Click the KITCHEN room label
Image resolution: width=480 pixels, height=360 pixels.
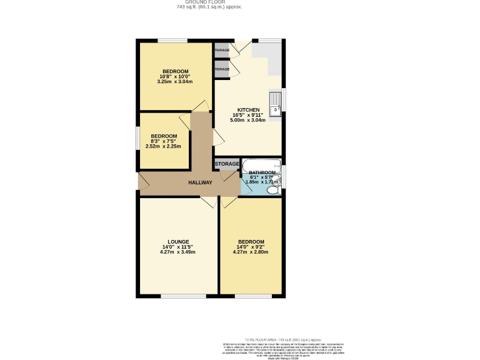248,109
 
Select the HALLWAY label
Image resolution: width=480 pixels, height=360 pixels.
201,182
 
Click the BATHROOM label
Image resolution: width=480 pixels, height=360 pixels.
262,172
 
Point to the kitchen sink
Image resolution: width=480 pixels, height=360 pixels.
274,102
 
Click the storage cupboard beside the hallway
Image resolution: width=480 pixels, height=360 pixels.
227,164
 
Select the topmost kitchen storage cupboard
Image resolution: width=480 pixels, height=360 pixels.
222,50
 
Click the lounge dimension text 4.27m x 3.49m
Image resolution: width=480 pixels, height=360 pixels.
177,252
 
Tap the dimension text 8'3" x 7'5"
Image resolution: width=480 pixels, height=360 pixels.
163,141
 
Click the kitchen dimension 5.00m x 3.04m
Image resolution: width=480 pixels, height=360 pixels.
248,120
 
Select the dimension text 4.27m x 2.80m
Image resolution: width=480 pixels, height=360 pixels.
250,252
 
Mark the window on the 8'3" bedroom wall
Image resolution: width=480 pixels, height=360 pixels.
138,139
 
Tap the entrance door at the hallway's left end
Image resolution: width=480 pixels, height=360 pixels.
142,181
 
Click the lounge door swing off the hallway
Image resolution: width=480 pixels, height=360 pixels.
207,202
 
